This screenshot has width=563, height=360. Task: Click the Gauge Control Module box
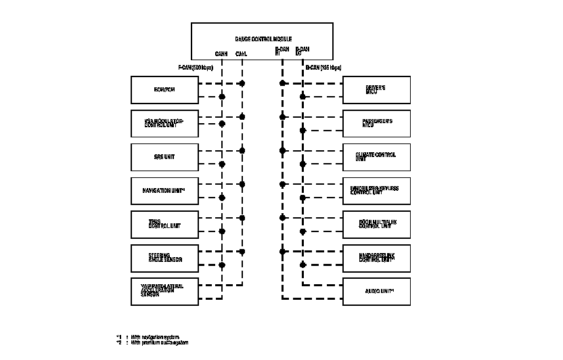263,41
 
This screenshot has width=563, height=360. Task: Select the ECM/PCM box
164,89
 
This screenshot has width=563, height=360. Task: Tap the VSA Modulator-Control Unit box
164,123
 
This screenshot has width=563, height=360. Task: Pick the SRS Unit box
164,157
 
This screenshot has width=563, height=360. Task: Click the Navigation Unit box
164,191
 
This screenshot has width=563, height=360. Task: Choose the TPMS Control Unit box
164,224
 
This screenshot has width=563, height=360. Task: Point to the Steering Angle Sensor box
164,258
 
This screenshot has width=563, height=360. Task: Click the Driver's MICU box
377,89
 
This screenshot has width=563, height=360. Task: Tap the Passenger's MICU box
377,123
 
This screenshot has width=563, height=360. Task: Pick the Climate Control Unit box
377,157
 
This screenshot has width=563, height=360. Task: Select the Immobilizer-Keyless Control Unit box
377,191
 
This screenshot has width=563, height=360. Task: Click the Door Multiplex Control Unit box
377,224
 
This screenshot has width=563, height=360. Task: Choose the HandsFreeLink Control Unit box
377,258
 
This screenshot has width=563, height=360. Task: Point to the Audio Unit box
377,292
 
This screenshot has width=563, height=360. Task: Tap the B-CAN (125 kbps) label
323,68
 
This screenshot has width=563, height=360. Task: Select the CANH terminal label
221,53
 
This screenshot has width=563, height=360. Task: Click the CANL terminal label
242,53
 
